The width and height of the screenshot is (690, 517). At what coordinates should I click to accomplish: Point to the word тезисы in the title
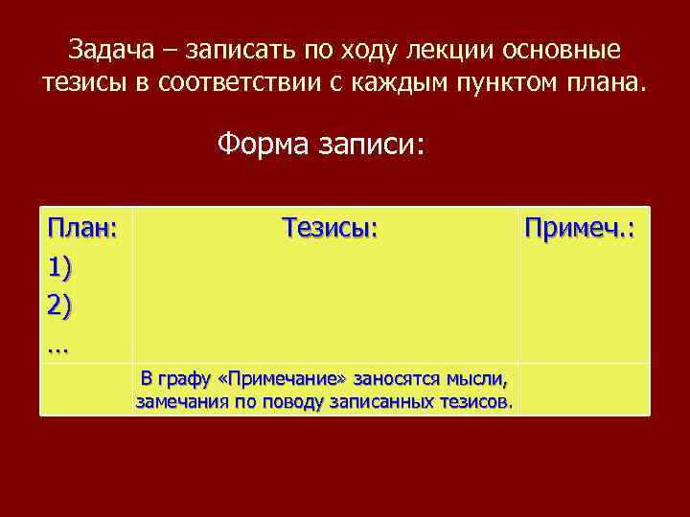(85, 82)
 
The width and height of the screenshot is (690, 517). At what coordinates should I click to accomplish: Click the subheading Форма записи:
(321, 146)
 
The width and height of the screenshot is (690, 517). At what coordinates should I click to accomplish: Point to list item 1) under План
(60, 267)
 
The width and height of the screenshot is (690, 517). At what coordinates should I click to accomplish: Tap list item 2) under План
(60, 306)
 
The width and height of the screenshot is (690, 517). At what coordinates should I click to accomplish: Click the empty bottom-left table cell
(86, 390)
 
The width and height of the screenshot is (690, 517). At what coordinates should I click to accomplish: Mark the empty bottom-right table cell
(583, 390)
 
